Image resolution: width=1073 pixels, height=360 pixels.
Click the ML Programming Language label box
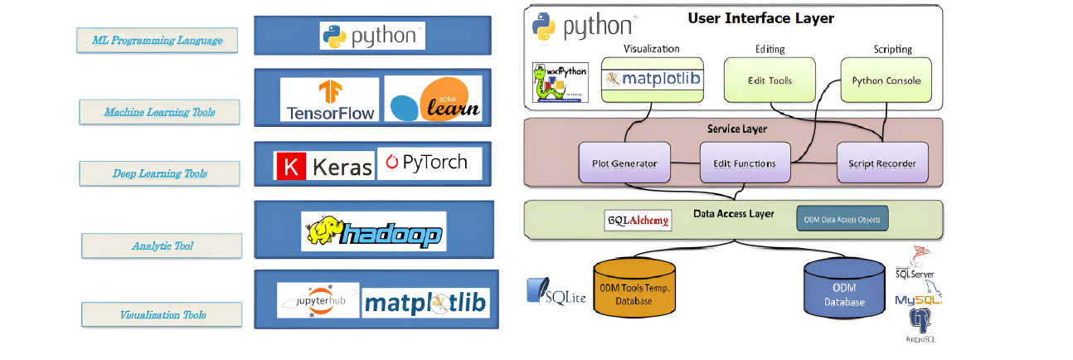click(157, 40)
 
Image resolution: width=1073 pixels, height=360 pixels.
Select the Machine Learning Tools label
click(159, 111)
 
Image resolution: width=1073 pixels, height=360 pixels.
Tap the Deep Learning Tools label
click(159, 173)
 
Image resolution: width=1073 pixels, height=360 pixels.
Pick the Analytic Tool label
click(162, 246)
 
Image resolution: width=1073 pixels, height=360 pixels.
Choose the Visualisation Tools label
click(162, 314)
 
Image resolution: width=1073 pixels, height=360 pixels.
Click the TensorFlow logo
click(329, 100)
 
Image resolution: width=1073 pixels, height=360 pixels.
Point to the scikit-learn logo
click(433, 100)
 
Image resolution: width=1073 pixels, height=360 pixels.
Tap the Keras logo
click(324, 166)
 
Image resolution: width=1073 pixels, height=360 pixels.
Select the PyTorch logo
click(429, 163)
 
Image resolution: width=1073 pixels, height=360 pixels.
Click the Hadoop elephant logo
click(372, 231)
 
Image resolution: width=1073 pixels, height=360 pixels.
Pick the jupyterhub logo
click(318, 300)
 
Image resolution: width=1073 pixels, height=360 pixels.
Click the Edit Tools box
click(769, 80)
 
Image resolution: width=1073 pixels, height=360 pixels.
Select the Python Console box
click(886, 80)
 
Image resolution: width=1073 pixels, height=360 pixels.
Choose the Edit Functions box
click(744, 163)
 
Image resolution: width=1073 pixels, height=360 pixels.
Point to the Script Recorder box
click(881, 163)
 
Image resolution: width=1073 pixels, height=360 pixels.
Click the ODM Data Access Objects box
click(842, 219)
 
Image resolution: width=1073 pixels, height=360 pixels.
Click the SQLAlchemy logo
click(638, 220)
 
